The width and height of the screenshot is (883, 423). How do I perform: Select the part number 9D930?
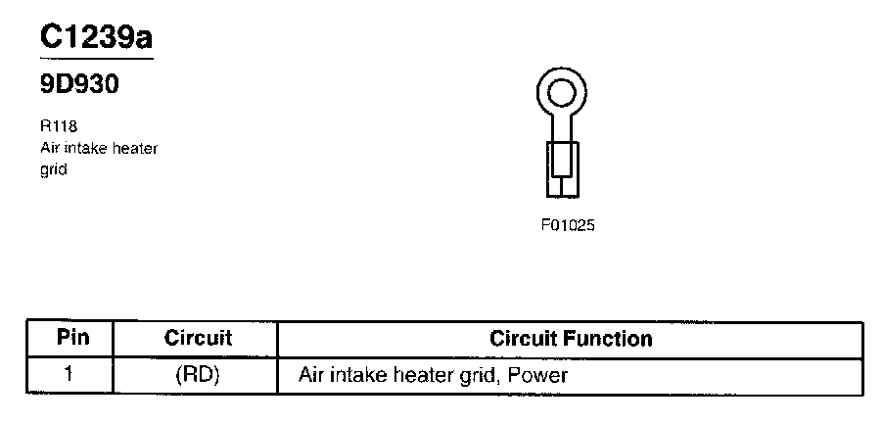[79, 85]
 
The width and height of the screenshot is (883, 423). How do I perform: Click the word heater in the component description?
[137, 148]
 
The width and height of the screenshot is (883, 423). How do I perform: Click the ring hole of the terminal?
[561, 94]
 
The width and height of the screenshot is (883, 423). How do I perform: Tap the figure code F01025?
[568, 225]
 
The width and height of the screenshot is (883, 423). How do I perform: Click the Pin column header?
[73, 338]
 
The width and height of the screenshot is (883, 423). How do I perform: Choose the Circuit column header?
[198, 338]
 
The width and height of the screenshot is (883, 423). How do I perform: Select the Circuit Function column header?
[571, 339]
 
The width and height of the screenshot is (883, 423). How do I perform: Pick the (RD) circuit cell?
[198, 374]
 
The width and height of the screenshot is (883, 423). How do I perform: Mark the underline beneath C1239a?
[96, 60]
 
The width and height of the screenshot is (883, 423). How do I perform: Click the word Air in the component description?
[51, 148]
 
